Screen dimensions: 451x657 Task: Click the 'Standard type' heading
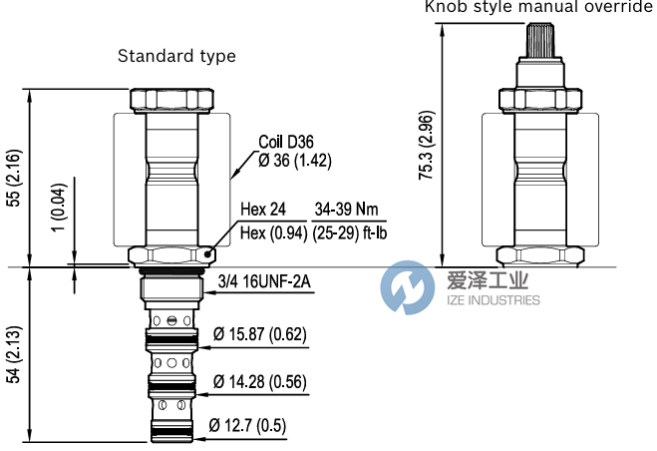[176, 56]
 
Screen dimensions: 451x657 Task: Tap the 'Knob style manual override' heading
[539, 7]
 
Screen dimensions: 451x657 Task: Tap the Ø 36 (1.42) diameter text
[295, 160]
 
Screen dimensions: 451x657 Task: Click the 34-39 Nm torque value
[348, 210]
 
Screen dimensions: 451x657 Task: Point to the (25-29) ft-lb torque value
[350, 233]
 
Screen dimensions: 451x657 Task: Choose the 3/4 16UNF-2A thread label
[265, 282]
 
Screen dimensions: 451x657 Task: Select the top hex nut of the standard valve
[171, 101]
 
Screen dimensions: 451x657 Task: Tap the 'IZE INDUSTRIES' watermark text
[492, 300]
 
